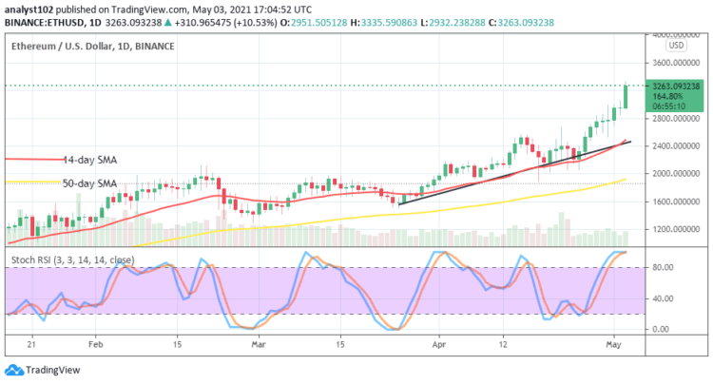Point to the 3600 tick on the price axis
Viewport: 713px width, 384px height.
668,63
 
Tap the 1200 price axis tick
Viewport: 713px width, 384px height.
668,229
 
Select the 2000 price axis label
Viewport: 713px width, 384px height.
668,174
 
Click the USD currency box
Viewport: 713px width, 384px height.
677,44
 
